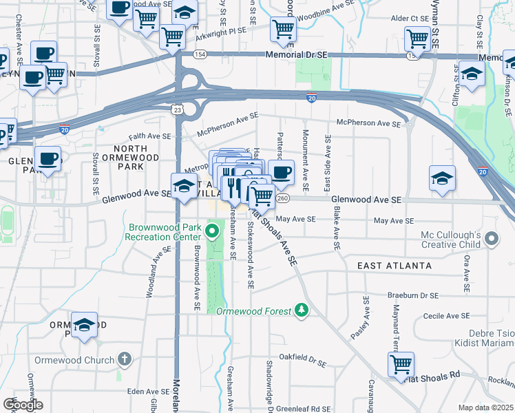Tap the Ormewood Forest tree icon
pos(300,311)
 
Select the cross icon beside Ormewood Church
pos(124,359)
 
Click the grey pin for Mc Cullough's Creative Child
pos(491,240)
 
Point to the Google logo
pos(23,405)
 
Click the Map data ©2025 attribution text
pos(486,407)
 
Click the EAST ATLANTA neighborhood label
pos(395,265)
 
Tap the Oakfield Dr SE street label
pos(302,358)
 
